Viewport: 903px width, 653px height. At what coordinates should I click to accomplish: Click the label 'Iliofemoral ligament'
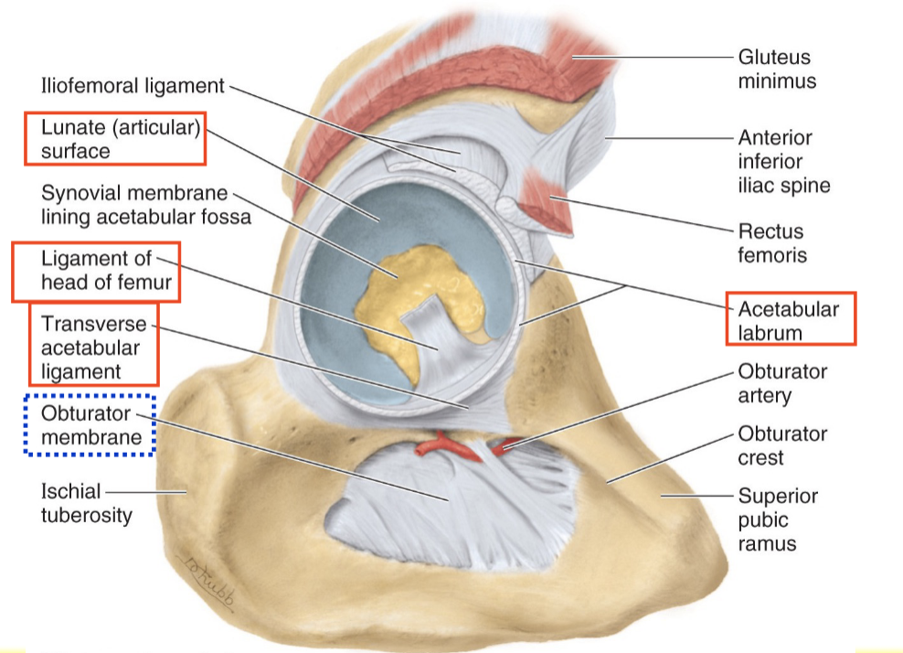click(133, 86)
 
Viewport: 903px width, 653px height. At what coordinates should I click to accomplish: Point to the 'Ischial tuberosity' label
click(86, 503)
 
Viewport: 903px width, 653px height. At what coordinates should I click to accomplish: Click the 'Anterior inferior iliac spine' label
click(784, 162)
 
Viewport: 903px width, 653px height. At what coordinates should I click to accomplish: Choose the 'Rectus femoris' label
click(773, 242)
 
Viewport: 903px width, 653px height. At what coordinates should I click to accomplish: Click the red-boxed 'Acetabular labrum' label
click(791, 319)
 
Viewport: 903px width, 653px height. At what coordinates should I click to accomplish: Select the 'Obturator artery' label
click(782, 384)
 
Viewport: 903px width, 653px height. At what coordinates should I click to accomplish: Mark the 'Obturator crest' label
click(782, 445)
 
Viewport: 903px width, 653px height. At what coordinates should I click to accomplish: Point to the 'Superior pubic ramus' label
click(778, 519)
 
